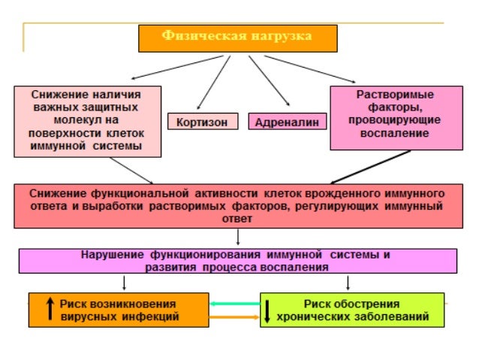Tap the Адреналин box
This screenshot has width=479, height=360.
point(288,121)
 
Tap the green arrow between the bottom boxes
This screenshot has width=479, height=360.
point(235,303)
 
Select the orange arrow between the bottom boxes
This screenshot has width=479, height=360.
point(234,317)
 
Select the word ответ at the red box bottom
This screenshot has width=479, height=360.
point(237,219)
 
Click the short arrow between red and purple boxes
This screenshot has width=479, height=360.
point(237,237)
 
